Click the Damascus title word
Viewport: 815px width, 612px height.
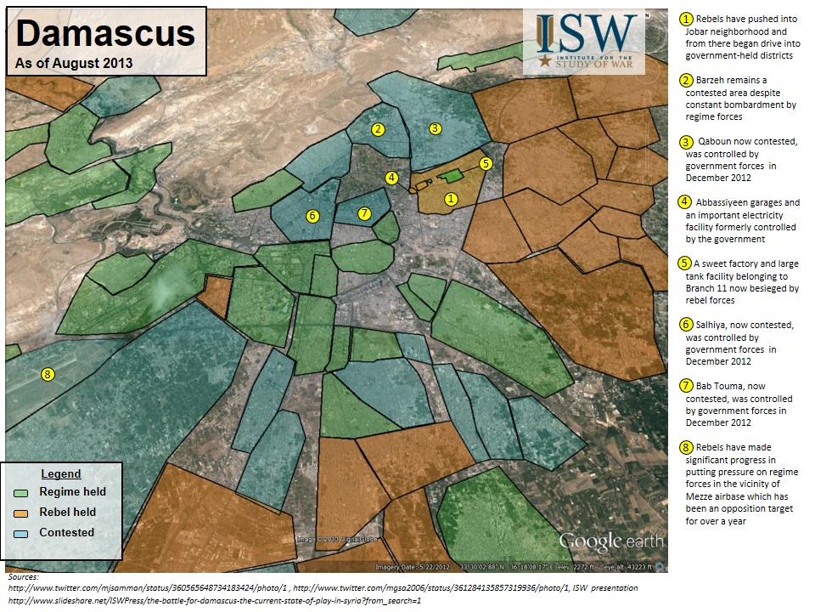105,34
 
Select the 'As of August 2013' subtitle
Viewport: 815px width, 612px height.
74,64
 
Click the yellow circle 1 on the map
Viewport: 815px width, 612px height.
452,199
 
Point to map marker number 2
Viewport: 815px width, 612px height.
379,129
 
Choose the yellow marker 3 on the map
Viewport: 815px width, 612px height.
435,128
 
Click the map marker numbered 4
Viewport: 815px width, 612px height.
391,178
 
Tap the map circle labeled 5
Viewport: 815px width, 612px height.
486,163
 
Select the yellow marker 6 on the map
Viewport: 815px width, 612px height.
312,216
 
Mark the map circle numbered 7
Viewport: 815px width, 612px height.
364,213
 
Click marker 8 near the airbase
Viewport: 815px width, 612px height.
48,374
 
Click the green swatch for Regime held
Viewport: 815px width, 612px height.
22,492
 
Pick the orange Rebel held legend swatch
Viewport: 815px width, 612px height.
22,513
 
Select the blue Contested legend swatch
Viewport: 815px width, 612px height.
22,533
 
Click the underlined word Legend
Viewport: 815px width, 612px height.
61,473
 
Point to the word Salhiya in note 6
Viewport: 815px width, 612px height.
715,325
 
